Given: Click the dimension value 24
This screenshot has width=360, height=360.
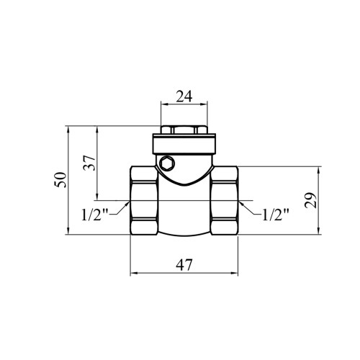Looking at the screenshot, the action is tap(184, 96).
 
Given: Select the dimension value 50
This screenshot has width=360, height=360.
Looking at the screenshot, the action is tap(60, 180).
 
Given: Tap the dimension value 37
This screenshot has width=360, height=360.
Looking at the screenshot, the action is tap(89, 163).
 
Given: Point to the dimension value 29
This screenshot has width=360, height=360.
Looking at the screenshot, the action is tap(310, 200).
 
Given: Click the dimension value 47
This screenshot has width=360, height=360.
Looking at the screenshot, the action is tap(184, 265).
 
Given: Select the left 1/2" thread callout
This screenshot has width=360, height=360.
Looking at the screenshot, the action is tap(95, 215).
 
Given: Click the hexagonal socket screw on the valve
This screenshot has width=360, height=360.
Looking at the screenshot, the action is tap(166, 163).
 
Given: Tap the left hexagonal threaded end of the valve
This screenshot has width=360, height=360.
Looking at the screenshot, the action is tap(144, 200).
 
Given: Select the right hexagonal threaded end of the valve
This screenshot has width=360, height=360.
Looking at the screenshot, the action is tap(225, 200).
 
